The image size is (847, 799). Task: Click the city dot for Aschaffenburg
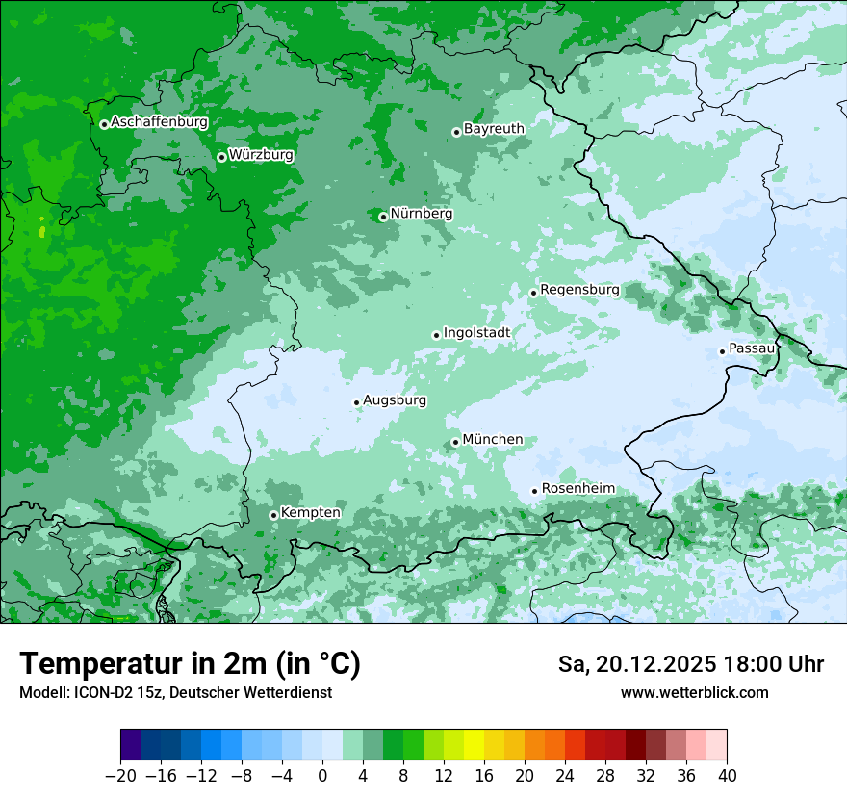point(104,124)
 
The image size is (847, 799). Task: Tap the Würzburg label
point(261,155)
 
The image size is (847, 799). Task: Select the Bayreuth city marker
point(456,133)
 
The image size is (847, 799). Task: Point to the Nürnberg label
point(421,214)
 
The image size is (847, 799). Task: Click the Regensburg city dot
point(533,293)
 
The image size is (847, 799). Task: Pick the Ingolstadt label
point(476,333)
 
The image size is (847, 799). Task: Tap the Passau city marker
point(722,351)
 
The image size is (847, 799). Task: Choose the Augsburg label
point(395,400)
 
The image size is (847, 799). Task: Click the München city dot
point(455,443)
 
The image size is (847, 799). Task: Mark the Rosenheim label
point(577,489)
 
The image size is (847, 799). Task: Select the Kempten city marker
point(273,515)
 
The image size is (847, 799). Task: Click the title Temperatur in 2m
point(190,664)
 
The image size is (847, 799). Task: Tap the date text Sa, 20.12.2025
point(635,664)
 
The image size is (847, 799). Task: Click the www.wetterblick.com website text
point(694,692)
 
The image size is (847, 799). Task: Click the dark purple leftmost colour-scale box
point(131,745)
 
